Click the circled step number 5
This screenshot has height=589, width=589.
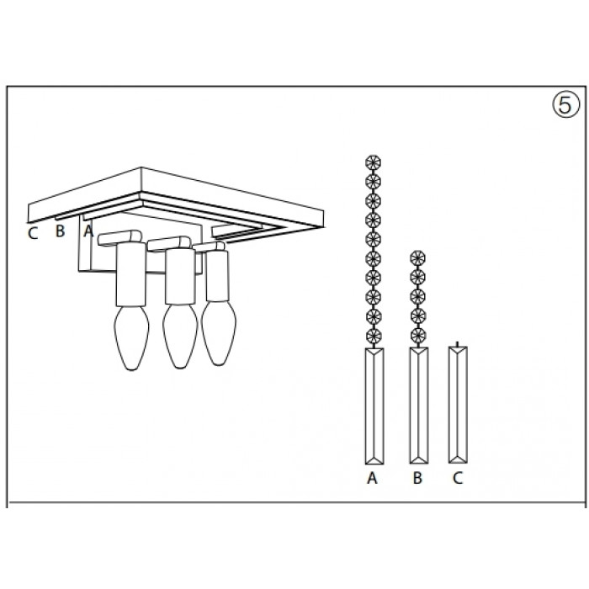pyautogui.click(x=565, y=105)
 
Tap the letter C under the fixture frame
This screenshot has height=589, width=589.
pyautogui.click(x=33, y=233)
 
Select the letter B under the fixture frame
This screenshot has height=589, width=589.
pyautogui.click(x=60, y=231)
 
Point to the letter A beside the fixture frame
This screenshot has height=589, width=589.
pyautogui.click(x=88, y=231)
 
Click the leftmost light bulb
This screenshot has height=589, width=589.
pyautogui.click(x=131, y=337)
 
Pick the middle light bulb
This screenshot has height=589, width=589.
pyautogui.click(x=180, y=337)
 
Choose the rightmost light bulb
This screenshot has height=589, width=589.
pyautogui.click(x=219, y=333)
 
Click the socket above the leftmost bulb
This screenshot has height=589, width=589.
pyautogui.click(x=130, y=274)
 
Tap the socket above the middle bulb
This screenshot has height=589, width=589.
pyautogui.click(x=180, y=276)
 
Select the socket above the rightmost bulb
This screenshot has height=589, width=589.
pyautogui.click(x=217, y=276)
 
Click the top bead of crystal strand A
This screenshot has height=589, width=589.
pyautogui.click(x=373, y=163)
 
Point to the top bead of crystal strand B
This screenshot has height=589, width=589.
pyautogui.click(x=417, y=258)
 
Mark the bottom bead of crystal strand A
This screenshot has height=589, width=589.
pyautogui.click(x=373, y=336)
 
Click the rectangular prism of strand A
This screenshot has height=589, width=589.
pyautogui.click(x=374, y=406)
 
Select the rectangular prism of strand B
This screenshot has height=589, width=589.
pyautogui.click(x=419, y=406)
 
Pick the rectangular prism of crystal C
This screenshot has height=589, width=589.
pyautogui.click(x=458, y=405)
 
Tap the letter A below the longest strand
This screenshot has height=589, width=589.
pyautogui.click(x=372, y=478)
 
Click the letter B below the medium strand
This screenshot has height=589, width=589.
pyautogui.click(x=417, y=478)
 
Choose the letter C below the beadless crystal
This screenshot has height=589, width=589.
pyautogui.click(x=458, y=478)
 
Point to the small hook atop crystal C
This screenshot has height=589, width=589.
pyautogui.click(x=457, y=343)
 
